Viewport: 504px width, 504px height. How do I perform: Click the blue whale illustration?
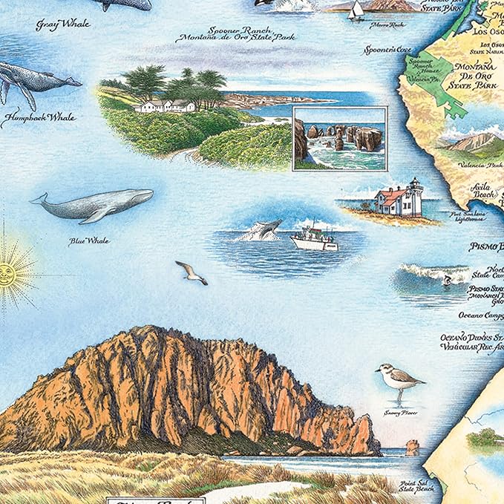click(x=92, y=204)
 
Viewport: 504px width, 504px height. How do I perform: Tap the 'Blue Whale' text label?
click(x=89, y=240)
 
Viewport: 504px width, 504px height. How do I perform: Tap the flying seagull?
click(x=192, y=272)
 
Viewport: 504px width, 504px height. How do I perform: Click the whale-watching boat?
click(x=313, y=238)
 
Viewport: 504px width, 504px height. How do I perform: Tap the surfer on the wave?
click(x=448, y=281)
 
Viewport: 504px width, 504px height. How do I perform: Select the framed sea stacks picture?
click(x=339, y=139)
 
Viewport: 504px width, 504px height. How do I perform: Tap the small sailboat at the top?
click(x=357, y=10)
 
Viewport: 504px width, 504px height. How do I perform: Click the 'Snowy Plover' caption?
click(x=401, y=413)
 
